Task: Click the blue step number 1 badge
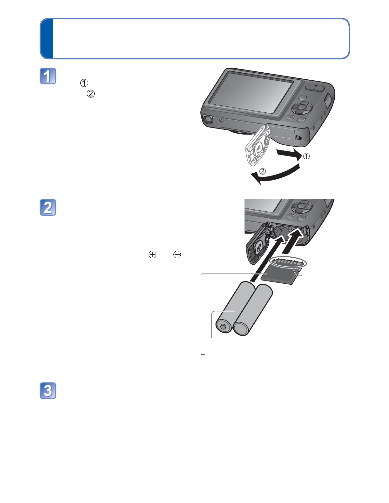(48, 76)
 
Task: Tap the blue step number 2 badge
(48, 208)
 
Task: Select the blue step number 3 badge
(48, 391)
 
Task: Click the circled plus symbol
(152, 255)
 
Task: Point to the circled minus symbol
(177, 255)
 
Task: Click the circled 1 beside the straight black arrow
(306, 156)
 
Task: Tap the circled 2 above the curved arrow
(263, 171)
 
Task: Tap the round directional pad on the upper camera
(302, 107)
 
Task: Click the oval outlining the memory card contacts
(288, 262)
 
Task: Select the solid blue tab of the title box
(47, 38)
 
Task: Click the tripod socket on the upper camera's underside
(208, 119)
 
